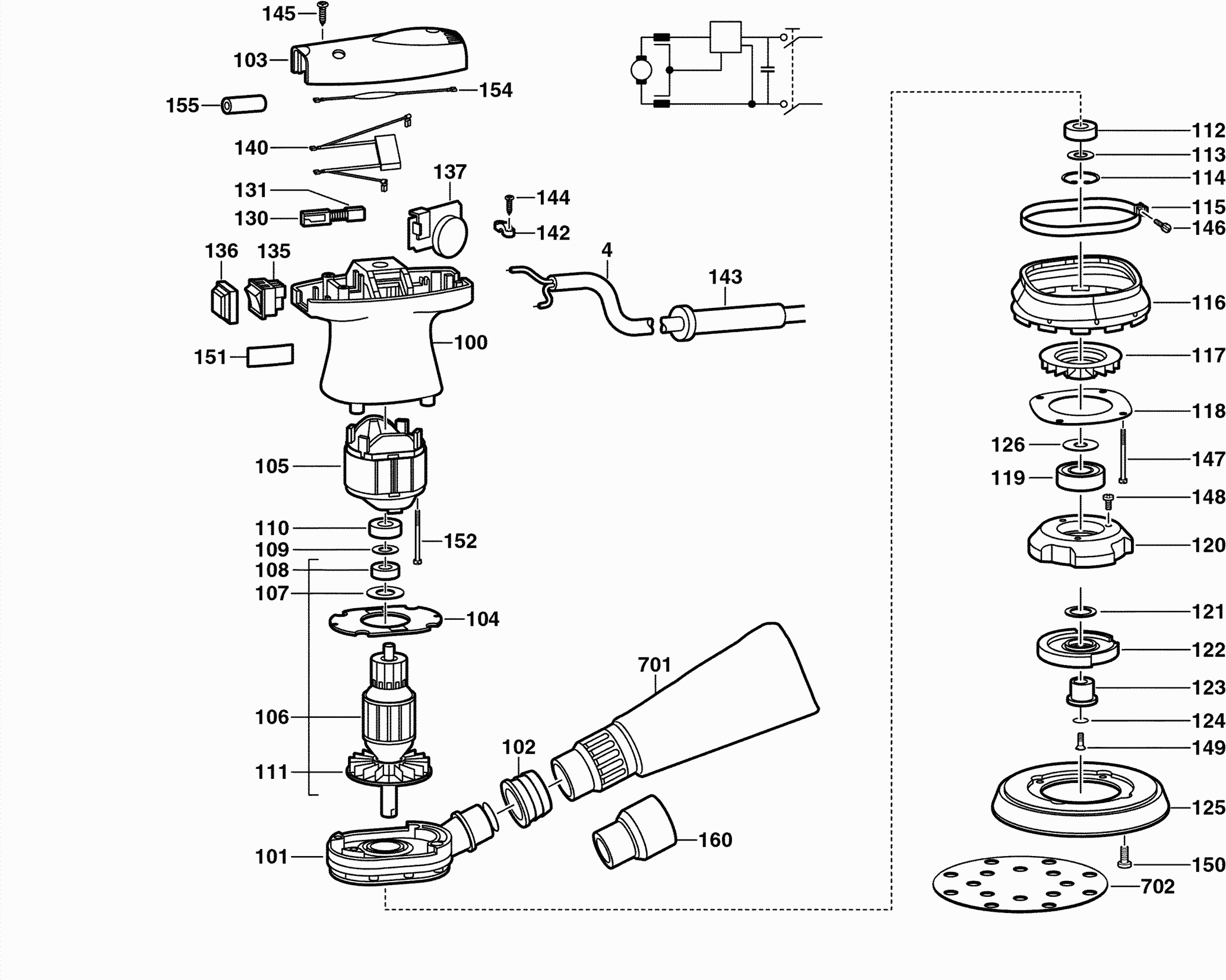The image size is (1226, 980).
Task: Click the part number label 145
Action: tap(279, 13)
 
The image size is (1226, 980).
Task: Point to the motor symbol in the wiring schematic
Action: tap(641, 70)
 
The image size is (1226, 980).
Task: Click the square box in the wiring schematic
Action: tap(726, 37)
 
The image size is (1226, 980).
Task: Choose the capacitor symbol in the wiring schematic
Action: tap(768, 70)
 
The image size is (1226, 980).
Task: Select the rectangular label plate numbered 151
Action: tap(270, 355)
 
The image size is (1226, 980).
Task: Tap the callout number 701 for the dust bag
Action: tap(654, 664)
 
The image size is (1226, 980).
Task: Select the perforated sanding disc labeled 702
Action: tap(1020, 886)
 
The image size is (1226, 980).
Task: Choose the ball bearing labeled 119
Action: tap(1080, 476)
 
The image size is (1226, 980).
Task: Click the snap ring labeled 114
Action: tap(1081, 177)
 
